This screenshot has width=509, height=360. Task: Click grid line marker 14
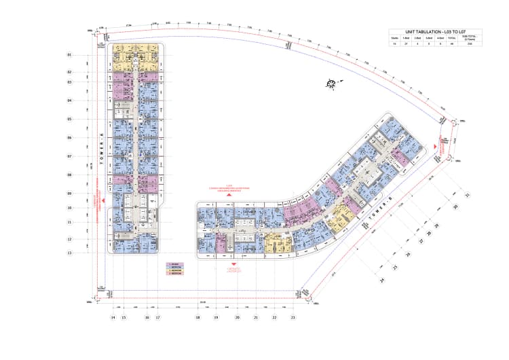113,317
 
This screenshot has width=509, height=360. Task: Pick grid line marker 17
157,317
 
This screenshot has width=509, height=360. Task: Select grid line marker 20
237,317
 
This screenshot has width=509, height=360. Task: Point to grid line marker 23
293,317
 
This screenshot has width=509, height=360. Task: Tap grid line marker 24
383,280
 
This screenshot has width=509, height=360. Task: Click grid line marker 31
466,197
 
